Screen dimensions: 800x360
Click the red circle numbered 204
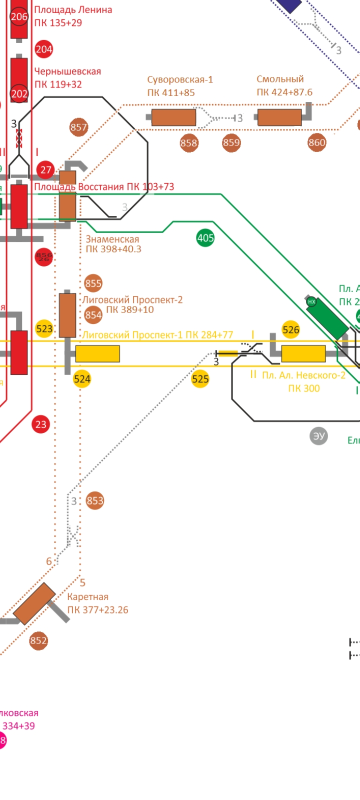[x=44, y=49]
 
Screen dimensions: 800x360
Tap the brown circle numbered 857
[x=78, y=127]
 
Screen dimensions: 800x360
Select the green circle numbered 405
[x=205, y=238]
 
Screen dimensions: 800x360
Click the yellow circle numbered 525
[x=200, y=379]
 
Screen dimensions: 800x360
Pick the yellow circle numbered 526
[x=290, y=329]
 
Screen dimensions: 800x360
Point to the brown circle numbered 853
[x=94, y=500]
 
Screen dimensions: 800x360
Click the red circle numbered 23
[x=40, y=424]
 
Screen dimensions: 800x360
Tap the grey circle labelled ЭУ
[x=318, y=436]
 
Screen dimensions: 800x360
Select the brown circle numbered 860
[x=316, y=143]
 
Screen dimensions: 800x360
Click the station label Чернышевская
[x=67, y=71]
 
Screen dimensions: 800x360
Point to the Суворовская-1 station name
[x=180, y=79]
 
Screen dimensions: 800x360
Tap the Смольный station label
[x=280, y=79]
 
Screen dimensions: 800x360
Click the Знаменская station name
[x=112, y=239]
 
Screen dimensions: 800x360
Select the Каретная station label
[x=87, y=597]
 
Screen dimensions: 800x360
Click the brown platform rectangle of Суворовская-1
[x=173, y=117]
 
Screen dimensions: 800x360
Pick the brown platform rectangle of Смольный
[x=279, y=117]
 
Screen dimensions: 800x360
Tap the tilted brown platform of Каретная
[x=34, y=603]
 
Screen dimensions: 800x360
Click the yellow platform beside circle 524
[x=97, y=353]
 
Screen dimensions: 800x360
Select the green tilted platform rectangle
[x=327, y=318]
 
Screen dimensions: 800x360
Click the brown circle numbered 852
[x=38, y=641]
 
